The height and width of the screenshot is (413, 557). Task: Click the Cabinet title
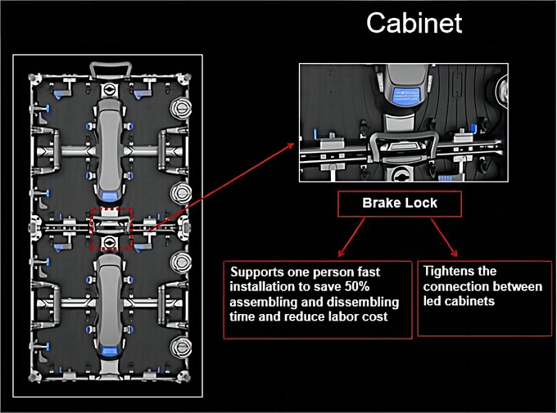point(414,23)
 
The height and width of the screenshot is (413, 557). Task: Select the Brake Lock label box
point(400,204)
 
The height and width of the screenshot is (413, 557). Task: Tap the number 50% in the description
point(357,287)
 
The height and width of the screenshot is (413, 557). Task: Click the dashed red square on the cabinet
point(111,229)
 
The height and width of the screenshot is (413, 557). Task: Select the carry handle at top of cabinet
point(111,70)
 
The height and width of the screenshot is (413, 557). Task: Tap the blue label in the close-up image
point(405,96)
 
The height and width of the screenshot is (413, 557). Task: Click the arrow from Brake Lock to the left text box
point(351,237)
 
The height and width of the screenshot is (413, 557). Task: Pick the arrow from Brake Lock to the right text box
point(444,237)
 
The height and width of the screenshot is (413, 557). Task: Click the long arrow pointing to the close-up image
point(221,187)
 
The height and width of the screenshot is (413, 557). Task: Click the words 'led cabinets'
point(459,301)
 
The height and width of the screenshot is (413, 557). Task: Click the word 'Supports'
point(254,272)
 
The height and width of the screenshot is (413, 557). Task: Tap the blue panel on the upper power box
point(110,195)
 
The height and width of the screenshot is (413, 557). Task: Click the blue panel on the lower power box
point(110,351)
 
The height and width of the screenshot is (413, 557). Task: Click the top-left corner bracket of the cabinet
point(35,79)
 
